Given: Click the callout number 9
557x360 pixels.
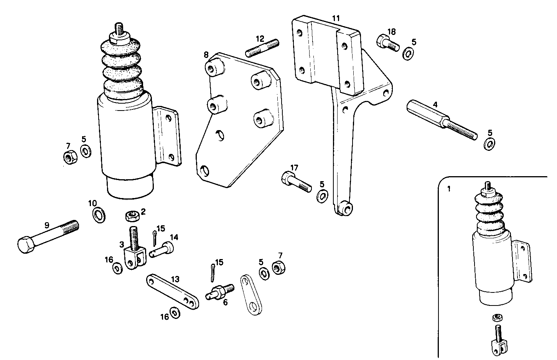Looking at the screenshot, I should pyautogui.click(x=47, y=225).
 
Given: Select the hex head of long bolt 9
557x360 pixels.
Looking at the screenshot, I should pyautogui.click(x=26, y=244).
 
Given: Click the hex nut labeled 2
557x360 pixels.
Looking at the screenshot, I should pyautogui.click(x=131, y=216).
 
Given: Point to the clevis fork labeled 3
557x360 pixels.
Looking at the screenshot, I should pyautogui.click(x=135, y=256).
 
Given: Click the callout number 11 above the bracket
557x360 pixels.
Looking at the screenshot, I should pyautogui.click(x=336, y=18).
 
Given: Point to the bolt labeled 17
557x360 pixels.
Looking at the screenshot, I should pyautogui.click(x=296, y=182).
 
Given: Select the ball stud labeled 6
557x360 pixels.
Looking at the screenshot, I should pyautogui.click(x=220, y=292).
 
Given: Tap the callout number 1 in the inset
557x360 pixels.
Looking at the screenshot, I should pyautogui.click(x=449, y=188).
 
